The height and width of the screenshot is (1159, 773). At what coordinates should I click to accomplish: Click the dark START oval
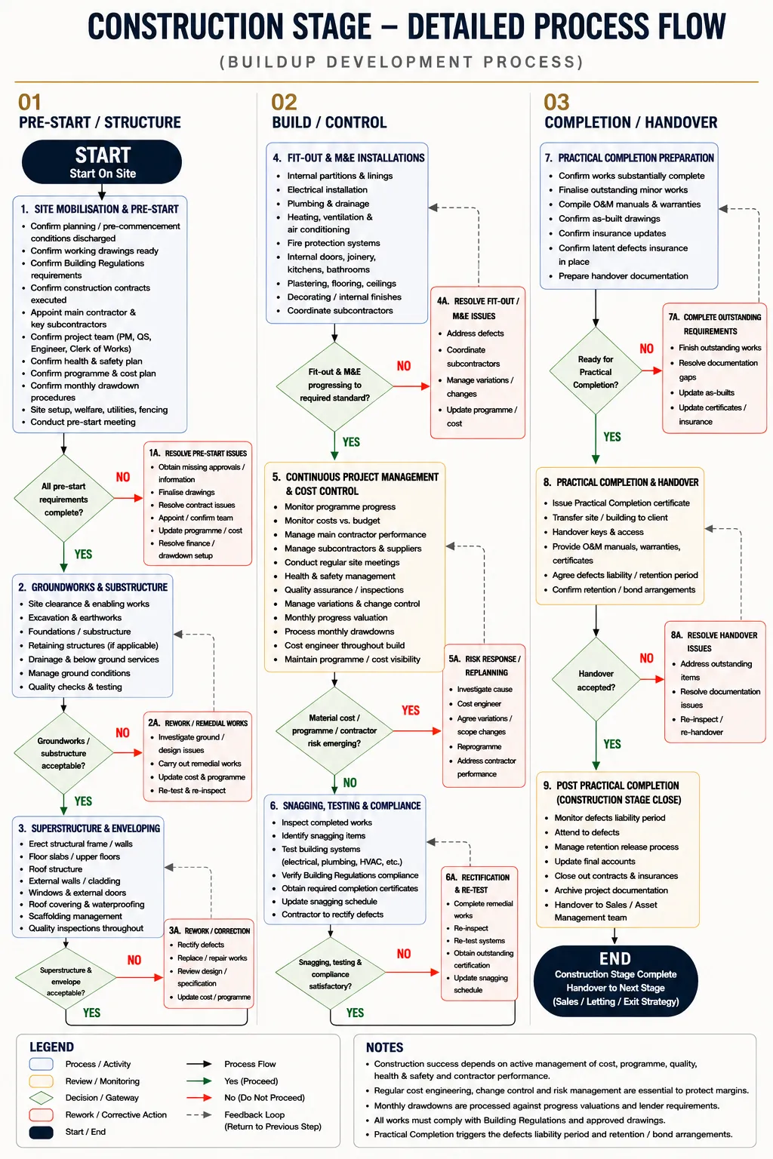pos(102,162)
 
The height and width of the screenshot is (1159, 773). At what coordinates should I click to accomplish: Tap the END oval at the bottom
pos(615,980)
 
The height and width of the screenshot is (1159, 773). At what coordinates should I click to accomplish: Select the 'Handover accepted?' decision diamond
pos(596,680)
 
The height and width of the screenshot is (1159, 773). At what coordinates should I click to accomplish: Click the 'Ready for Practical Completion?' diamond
pos(596,371)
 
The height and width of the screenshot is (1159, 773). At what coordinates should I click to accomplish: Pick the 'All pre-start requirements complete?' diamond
pos(63,499)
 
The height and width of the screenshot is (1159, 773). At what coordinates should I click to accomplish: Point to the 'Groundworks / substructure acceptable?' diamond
pos(63,753)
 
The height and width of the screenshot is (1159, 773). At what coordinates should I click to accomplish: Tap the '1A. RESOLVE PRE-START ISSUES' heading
pos(198,453)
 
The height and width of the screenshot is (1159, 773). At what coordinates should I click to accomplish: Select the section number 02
pos(285,103)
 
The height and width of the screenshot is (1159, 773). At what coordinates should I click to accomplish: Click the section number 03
pos(556,103)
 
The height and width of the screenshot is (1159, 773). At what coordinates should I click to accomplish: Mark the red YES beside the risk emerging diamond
pos(411,710)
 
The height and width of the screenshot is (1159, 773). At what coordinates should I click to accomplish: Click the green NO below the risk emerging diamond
pos(350,782)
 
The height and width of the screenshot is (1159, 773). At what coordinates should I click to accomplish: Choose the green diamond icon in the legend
pos(42,1097)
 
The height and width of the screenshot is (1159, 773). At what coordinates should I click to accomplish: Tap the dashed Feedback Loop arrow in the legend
pos(199,1115)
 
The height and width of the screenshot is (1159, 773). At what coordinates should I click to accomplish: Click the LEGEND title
pos(52,1047)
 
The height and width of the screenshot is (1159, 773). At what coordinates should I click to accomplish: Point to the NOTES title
pos(385,1047)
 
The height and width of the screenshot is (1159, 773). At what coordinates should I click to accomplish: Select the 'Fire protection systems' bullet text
pos(334,243)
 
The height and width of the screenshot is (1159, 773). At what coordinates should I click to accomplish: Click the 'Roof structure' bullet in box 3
pos(55,869)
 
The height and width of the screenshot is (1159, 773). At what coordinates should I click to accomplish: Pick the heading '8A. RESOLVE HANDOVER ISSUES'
pos(713,641)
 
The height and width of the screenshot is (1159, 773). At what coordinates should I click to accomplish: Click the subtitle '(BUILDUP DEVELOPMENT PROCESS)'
pos(402,62)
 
